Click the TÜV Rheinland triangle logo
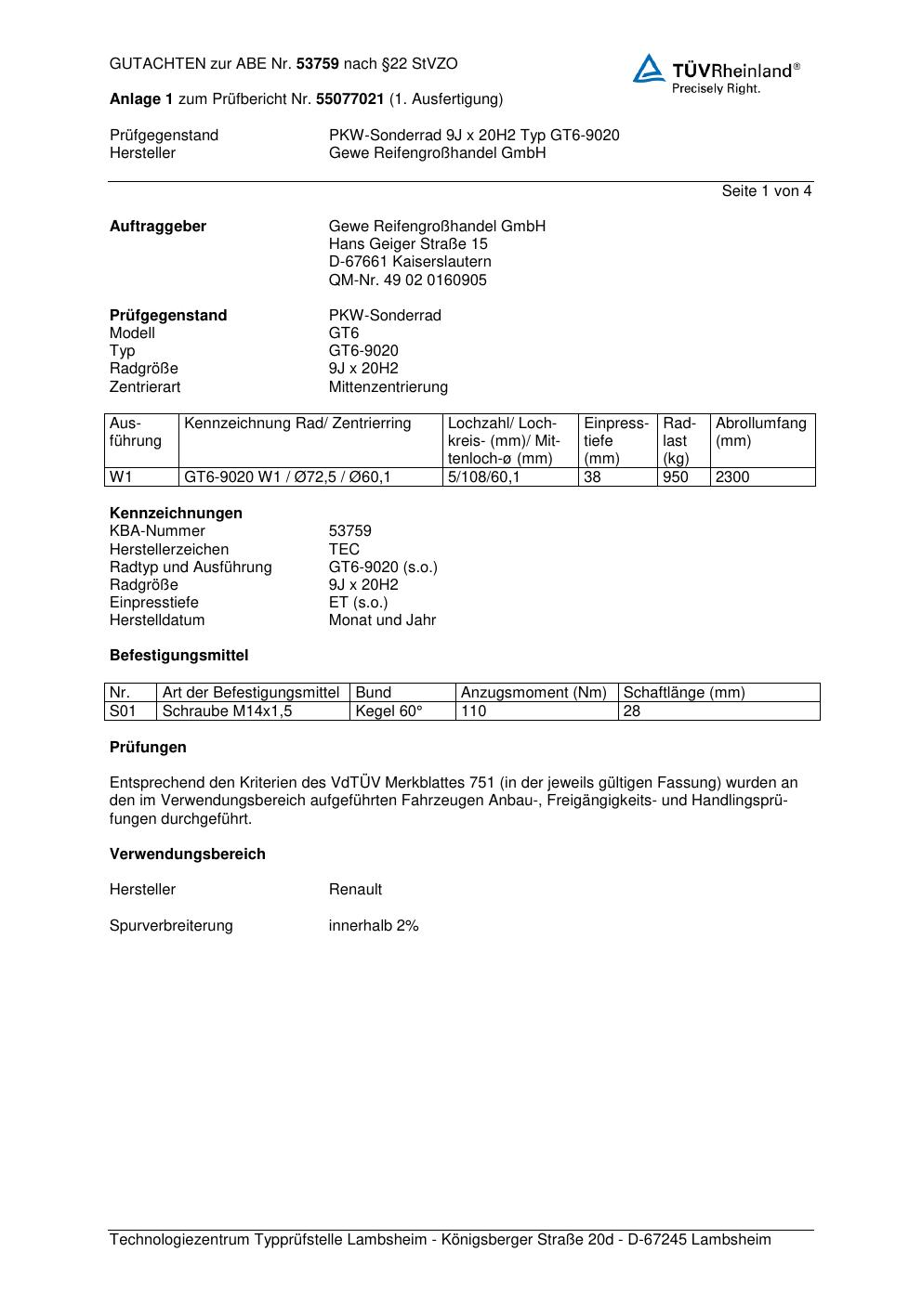coord(649,69)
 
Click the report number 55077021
coord(350,98)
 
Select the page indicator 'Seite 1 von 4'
coord(766,191)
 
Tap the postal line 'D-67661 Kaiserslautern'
coord(410,262)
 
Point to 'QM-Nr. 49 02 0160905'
coord(407,280)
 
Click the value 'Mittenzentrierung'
coord(388,386)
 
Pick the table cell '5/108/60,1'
coord(483,477)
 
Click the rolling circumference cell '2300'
coord(732,477)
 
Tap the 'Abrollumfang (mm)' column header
coord(760,432)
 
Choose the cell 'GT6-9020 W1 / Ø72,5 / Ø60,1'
coord(287,477)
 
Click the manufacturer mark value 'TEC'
coord(344,549)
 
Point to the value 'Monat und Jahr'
coord(382,619)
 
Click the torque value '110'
coord(473,711)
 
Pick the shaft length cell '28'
coord(632,711)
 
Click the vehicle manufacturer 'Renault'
coord(355,889)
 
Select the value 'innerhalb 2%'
coord(374,925)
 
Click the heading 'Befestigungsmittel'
coord(178,655)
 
